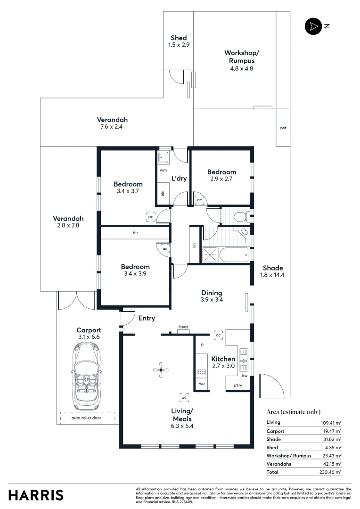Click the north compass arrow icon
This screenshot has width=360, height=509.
tap(312, 27)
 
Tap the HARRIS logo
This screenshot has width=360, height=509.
tap(36, 495)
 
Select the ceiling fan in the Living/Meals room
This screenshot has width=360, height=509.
tap(161, 370)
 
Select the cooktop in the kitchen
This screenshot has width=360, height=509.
tap(201, 372)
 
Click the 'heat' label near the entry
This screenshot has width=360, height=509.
tap(183, 327)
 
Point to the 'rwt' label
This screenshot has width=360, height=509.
tap(283, 128)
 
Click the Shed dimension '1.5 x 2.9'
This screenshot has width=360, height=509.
tap(179, 45)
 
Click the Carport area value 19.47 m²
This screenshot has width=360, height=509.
tap(331, 431)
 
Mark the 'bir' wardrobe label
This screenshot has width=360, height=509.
tap(135, 232)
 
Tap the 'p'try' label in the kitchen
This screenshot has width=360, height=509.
tap(238, 385)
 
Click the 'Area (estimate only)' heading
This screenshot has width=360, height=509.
tap(293, 411)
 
